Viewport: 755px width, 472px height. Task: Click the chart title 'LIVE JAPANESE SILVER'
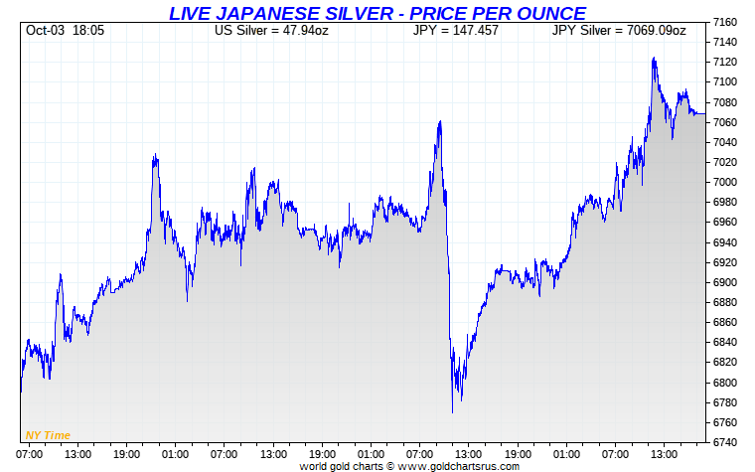pos(278,13)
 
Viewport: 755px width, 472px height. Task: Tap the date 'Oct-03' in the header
pos(45,31)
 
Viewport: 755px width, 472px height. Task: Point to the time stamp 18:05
pos(87,31)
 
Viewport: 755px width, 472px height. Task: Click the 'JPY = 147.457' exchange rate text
pos(455,31)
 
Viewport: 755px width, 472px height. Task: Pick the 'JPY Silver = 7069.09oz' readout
pos(618,31)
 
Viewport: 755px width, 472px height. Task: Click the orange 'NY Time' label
pos(48,435)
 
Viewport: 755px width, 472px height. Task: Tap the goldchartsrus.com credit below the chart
pos(409,465)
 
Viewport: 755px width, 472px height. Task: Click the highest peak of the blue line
pos(653,58)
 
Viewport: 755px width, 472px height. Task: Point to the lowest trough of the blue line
pos(452,411)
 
